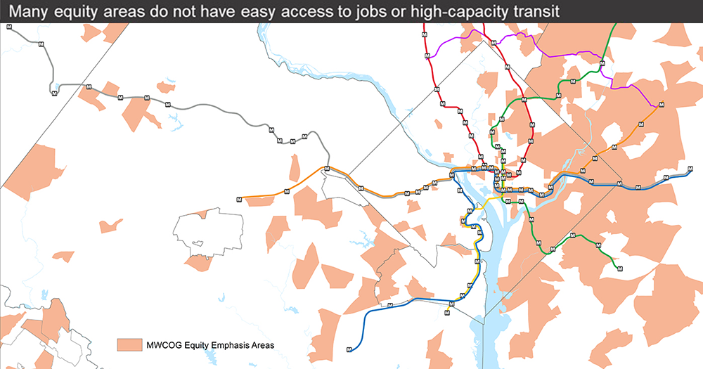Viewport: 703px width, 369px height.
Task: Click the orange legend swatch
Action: [129, 344]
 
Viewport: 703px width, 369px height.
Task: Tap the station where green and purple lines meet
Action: [602, 64]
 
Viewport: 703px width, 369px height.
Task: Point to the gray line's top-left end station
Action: [8, 26]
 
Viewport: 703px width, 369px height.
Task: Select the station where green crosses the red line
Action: [503, 121]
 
